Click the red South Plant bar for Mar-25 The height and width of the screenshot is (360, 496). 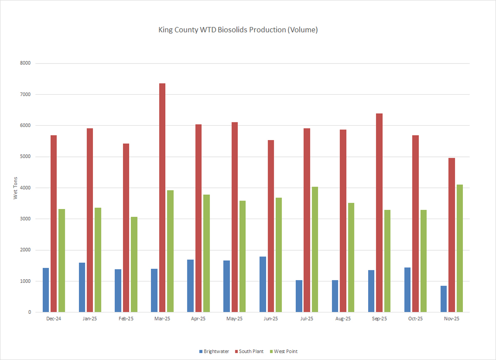[x=162, y=198]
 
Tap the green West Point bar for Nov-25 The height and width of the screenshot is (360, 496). [x=460, y=249]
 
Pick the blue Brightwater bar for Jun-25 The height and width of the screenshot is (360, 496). [x=263, y=284]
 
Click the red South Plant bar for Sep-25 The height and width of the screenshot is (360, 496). [x=379, y=213]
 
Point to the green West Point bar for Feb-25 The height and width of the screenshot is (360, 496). [x=134, y=265]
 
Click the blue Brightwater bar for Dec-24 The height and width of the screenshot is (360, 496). [x=46, y=290]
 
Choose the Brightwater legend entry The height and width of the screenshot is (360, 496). [x=214, y=351]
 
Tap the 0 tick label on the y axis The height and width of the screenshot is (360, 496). [x=29, y=312]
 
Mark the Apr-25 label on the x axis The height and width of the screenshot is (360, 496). [x=198, y=319]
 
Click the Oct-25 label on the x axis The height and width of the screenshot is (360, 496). [x=415, y=319]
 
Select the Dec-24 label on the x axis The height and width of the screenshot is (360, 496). [x=54, y=319]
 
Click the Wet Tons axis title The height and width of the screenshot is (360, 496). [x=16, y=188]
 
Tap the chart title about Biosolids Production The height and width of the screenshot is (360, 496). [x=238, y=30]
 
